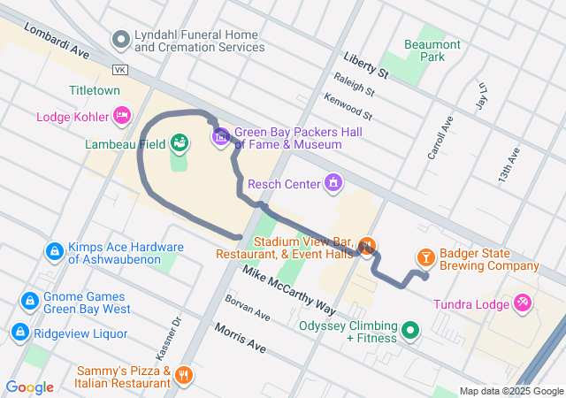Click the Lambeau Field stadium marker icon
(179, 142)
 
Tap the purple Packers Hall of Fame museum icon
(220, 137)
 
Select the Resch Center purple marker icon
(333, 183)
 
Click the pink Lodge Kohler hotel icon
(122, 116)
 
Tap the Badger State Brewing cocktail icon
(425, 257)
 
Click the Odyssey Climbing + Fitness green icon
(409, 331)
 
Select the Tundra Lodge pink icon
(523, 304)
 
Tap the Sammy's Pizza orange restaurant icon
(184, 376)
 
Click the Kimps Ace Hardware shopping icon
(55, 253)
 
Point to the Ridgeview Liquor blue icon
(19, 333)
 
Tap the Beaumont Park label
(432, 50)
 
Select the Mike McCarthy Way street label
(289, 292)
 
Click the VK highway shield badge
(121, 69)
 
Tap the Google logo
(29, 387)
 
